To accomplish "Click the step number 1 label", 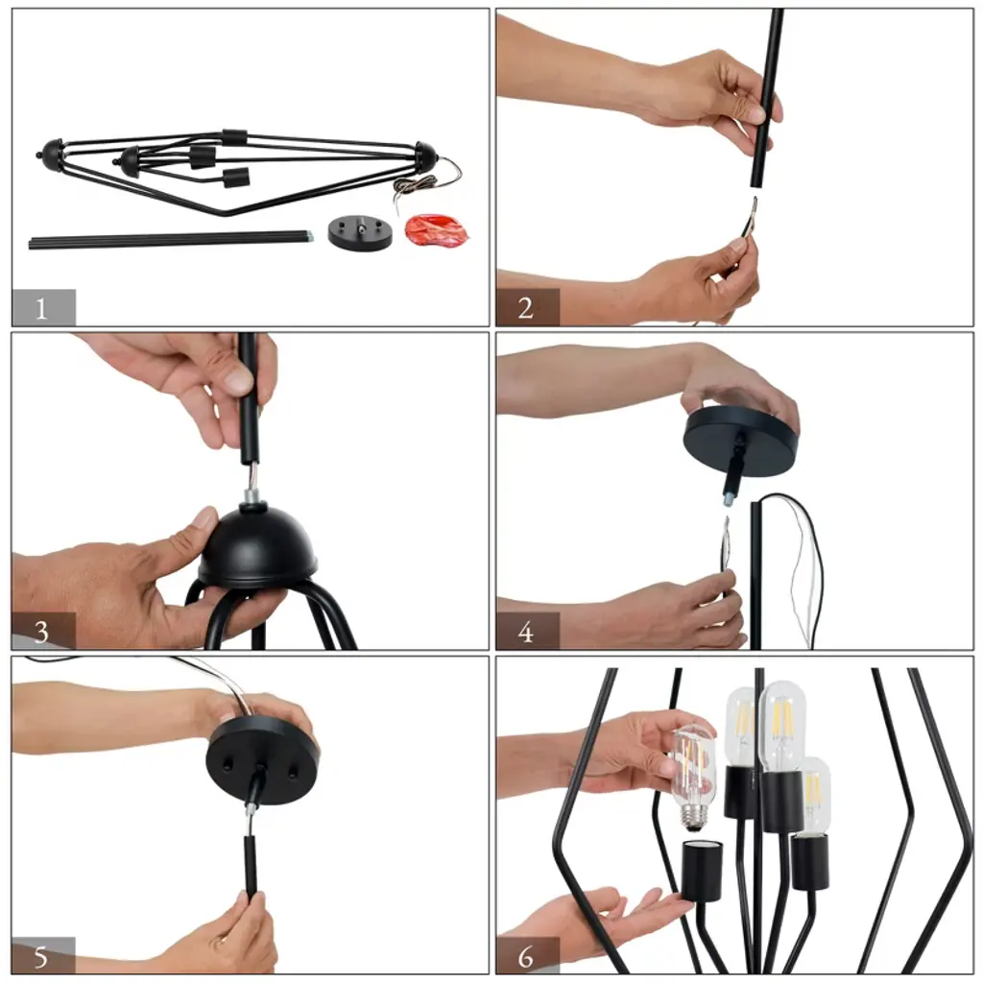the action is tap(40, 308).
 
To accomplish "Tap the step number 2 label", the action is tap(526, 308).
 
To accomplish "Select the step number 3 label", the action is tap(41, 632).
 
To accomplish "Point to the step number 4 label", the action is tap(526, 632).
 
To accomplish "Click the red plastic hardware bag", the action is tap(437, 230).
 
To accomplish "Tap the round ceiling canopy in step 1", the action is tap(361, 232).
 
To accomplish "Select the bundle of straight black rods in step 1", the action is tap(171, 239).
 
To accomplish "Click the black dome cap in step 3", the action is tap(258, 543).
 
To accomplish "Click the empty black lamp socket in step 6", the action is tap(702, 871).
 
